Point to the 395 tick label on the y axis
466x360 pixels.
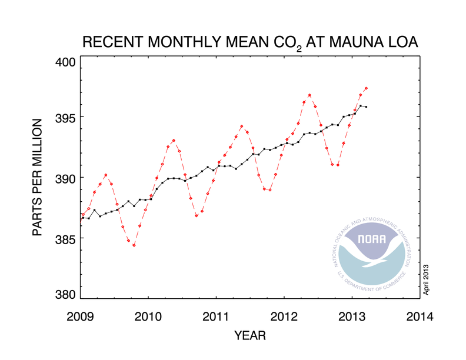68,117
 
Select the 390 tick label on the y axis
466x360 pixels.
68,178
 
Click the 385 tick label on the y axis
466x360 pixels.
68,238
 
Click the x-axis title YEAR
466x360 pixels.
249,336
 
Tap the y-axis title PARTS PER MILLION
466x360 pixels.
38,178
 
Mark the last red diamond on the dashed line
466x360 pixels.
366,88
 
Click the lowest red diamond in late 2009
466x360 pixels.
134,245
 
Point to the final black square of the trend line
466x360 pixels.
366,106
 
